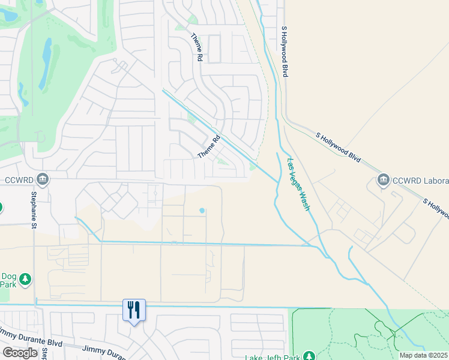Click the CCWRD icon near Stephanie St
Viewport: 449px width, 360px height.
tap(42, 178)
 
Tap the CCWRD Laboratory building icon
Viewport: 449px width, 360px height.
tap(383, 179)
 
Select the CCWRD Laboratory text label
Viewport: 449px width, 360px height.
tap(420, 181)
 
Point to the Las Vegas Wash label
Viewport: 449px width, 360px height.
tap(299, 184)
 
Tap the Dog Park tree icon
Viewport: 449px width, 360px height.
tap(25, 279)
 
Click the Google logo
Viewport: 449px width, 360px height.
tap(20, 353)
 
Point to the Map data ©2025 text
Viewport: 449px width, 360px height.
tap(423, 355)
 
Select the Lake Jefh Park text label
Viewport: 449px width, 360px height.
tap(272, 356)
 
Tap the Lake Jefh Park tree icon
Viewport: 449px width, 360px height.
tap(309, 356)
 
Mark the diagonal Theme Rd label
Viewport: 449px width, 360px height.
tap(209, 146)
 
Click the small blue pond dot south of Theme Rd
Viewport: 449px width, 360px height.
tap(202, 211)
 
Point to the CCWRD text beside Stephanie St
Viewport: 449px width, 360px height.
tap(17, 179)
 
